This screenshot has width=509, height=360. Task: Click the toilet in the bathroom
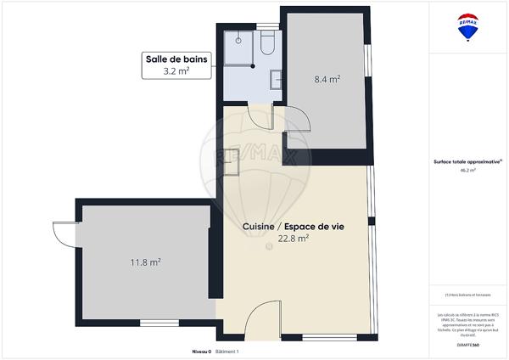pyautogui.click(x=266, y=43)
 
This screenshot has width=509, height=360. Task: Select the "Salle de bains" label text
pyautogui.click(x=176, y=59)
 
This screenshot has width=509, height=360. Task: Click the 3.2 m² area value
pyautogui.click(x=176, y=72)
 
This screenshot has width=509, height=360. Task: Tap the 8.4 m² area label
pyautogui.click(x=327, y=79)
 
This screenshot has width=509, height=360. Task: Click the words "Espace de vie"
pyautogui.click(x=310, y=227)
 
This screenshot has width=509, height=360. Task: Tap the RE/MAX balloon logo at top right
pyautogui.click(x=467, y=26)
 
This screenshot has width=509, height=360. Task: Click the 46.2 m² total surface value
pyautogui.click(x=467, y=170)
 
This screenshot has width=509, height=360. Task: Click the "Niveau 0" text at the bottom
pyautogui.click(x=201, y=351)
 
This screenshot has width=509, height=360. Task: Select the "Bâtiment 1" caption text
pyautogui.click(x=228, y=351)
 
